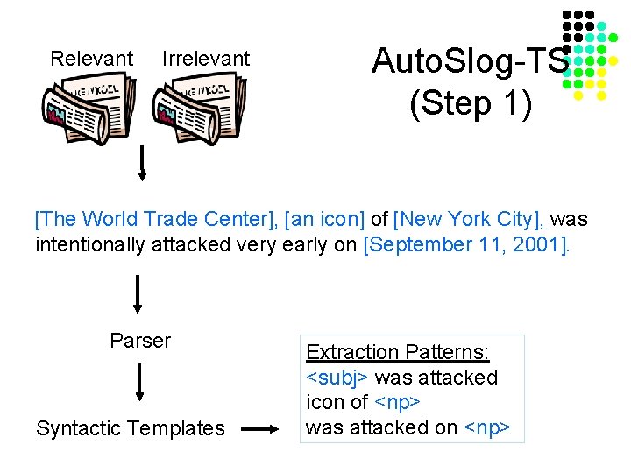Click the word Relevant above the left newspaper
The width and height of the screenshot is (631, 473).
[91, 59]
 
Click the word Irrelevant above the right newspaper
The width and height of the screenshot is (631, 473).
[206, 59]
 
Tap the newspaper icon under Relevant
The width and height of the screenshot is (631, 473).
[89, 109]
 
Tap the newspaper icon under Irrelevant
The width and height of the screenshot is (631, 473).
[200, 109]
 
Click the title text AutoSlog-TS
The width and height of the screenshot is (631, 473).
[471, 60]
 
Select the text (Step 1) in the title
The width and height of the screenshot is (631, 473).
[471, 103]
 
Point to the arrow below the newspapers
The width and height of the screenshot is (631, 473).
[142, 163]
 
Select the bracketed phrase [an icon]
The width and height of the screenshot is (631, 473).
[324, 219]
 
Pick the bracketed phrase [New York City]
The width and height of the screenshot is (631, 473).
[466, 219]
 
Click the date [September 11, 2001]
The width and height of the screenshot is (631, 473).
[465, 244]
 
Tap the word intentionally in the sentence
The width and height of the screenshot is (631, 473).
[90, 244]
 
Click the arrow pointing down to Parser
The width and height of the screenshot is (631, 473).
[138, 294]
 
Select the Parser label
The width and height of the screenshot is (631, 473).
[140, 341]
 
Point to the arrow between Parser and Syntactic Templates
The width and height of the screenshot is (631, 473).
[139, 382]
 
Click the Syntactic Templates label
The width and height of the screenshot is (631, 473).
[131, 428]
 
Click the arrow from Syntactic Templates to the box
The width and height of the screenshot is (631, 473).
[259, 429]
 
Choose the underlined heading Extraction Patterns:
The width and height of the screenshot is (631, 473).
[398, 352]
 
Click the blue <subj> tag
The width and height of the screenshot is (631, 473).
[337, 378]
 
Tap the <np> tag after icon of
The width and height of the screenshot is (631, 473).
[397, 402]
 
